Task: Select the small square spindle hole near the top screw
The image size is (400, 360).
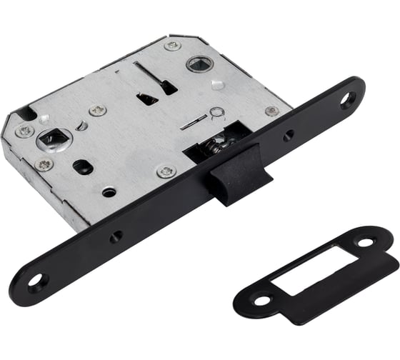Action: tap(197, 64)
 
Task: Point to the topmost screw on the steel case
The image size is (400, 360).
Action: tap(172, 45)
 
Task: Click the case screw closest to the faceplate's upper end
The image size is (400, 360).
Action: tap(271, 111)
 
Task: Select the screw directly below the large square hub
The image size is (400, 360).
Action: tap(44, 165)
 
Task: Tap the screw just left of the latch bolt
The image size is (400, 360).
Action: tap(166, 172)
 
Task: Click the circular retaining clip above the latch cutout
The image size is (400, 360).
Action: tap(216, 112)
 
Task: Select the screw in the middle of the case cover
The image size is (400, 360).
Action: tap(97, 110)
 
